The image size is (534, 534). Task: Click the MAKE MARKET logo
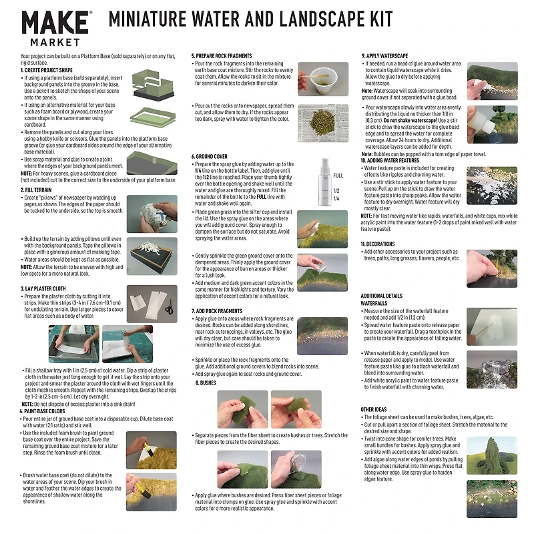[56, 29]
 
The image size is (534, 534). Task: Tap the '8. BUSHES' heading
[206, 383]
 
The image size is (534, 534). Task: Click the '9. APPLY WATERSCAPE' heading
[390, 56]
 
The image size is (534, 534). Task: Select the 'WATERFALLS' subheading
[374, 303]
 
